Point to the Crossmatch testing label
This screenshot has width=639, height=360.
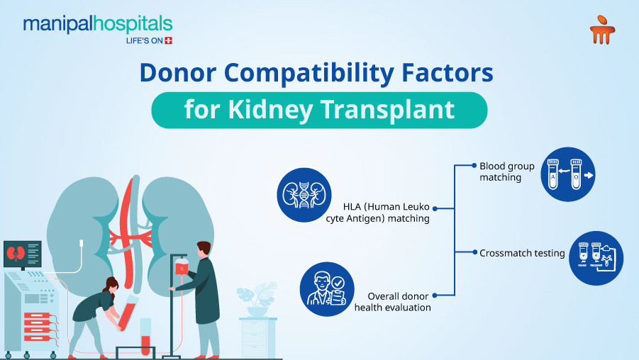[522, 253]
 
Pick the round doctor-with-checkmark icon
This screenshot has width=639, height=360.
[326, 287]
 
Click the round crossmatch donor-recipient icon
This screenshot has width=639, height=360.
[596, 259]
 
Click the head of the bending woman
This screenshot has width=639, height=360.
[111, 285]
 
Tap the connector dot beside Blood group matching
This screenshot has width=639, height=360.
[474, 165]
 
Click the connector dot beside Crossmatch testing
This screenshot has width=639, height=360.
[474, 252]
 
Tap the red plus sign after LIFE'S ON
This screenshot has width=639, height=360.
[168, 40]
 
